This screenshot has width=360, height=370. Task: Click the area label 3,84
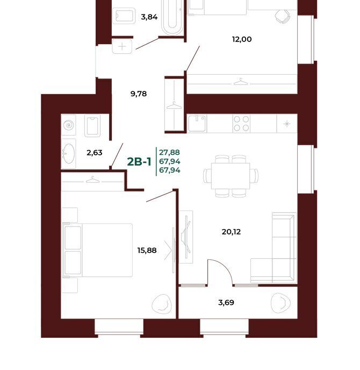point(149,17)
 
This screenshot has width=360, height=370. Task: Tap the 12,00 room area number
point(242,39)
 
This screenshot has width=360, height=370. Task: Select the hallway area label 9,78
point(139,94)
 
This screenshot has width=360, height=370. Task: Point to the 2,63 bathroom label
point(95,153)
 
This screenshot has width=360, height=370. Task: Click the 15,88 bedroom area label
point(147,250)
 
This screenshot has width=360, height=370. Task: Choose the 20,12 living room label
point(231,232)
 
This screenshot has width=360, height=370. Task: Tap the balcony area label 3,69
point(226,303)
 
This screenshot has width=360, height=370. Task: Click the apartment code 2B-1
point(139,162)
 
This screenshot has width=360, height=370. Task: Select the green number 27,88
point(170,152)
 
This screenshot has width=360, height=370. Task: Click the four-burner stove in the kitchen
point(241,123)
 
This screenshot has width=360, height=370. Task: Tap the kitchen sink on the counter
point(197,123)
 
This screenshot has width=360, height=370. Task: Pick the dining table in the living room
point(231,176)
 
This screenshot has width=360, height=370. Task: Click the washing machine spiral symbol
point(69,125)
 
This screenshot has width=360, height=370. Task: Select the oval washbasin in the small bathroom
point(69,154)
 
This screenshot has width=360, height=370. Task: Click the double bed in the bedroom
point(97,250)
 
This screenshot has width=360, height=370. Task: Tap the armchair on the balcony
point(280,303)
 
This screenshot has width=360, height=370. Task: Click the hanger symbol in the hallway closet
point(174,105)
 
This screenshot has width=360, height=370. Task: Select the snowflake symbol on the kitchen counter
point(287,124)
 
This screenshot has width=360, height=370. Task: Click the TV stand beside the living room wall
point(186,237)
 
